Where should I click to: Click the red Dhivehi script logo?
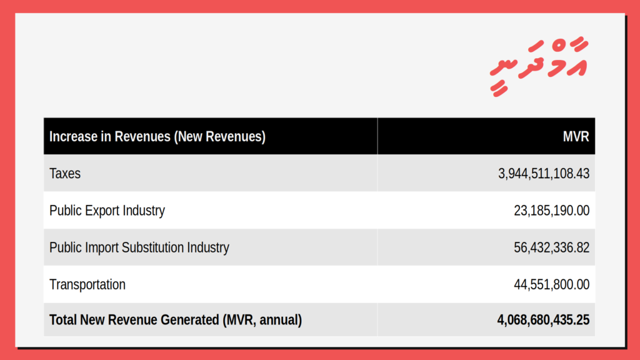tap(539, 65)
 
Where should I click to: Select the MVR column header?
tap(576, 136)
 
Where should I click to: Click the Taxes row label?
tap(65, 174)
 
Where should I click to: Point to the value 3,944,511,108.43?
tap(544, 174)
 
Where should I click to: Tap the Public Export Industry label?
tap(107, 211)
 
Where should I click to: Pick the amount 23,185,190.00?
tap(551, 211)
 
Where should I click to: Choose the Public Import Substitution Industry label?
tap(139, 247)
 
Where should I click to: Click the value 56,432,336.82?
tap(551, 247)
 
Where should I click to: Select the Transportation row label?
tap(87, 284)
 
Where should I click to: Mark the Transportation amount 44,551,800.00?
tap(551, 284)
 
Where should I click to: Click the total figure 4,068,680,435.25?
tap(543, 320)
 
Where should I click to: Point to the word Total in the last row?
tap(63, 319)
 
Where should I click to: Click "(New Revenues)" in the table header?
tap(219, 136)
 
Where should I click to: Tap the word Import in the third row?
tap(101, 247)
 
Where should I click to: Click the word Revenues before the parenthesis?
tap(142, 136)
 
